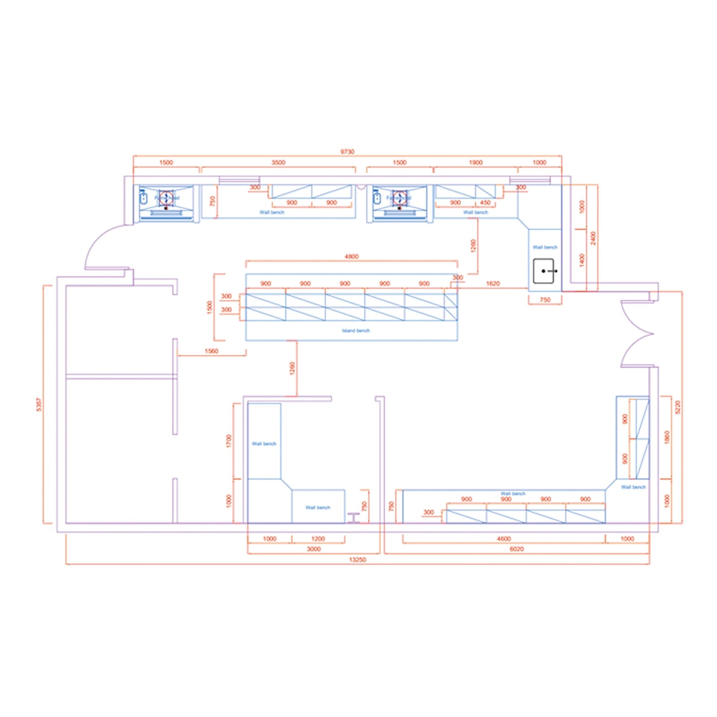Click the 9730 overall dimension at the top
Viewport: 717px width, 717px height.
point(347,151)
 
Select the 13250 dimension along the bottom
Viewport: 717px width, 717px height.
point(357,560)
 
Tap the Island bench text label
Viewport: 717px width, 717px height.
point(356,331)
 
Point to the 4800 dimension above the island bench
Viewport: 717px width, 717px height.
point(351,256)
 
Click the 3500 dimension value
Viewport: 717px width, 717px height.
point(278,162)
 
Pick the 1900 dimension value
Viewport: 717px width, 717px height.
point(475,162)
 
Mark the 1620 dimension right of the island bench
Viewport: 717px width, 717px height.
point(492,283)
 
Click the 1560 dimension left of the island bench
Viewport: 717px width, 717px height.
point(211,351)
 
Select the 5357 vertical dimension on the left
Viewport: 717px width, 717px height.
point(39,404)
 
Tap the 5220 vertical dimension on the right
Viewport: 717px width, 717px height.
point(678,407)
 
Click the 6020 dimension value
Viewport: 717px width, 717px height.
point(517,549)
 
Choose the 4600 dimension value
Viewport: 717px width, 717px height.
point(504,539)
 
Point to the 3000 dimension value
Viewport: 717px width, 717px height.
point(314,549)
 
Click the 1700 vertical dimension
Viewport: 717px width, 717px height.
point(229,441)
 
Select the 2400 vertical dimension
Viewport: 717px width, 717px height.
point(593,238)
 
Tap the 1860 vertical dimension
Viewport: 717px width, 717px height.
point(667,437)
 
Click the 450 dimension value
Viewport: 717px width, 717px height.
point(485,203)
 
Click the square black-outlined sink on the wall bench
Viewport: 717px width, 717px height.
point(544,271)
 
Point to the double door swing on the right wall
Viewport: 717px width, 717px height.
point(636,334)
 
